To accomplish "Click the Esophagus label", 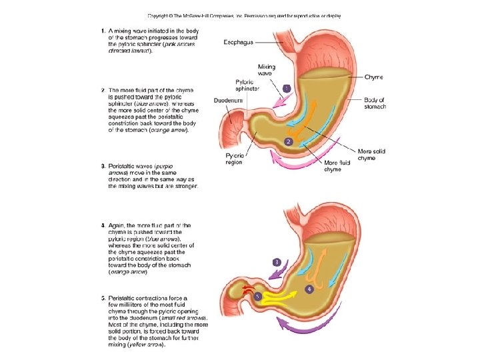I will coord(237,41).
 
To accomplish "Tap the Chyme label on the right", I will coord(373,77).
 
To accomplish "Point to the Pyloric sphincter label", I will coord(244,85).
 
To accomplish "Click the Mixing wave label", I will coord(267,70).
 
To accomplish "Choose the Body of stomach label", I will coord(375,103).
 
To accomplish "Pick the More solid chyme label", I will coord(371,155).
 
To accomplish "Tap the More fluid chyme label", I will coord(332,166).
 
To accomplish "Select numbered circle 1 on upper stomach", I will coord(287,88).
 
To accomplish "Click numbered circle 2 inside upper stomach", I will coord(288,141).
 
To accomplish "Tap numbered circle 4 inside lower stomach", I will coord(309,289).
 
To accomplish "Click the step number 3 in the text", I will coord(103,165).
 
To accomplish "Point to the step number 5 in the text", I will coord(103,298).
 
